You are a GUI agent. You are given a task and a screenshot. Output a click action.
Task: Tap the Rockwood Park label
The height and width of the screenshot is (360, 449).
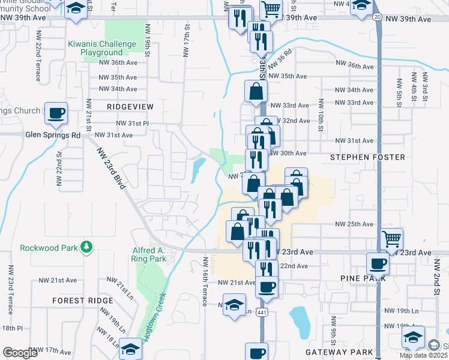[49, 247]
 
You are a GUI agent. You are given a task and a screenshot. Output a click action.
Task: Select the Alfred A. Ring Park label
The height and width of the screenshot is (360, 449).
[148, 255]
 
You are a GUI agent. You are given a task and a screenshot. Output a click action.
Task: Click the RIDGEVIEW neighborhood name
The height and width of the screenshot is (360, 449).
[130, 106]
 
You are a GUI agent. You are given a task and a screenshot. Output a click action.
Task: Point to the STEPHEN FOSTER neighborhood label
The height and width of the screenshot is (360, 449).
[367, 157]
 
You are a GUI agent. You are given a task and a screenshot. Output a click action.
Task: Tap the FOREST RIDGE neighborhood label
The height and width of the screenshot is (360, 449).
[82, 300]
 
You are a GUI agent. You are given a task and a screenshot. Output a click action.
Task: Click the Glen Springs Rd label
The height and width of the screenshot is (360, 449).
[53, 135]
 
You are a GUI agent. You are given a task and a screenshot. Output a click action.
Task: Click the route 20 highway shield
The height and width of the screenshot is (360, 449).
[377, 16]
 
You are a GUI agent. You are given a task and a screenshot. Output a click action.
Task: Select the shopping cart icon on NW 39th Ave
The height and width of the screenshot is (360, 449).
[271, 9]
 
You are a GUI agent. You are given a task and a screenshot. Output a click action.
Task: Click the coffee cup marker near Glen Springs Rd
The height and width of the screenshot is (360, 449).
[56, 113]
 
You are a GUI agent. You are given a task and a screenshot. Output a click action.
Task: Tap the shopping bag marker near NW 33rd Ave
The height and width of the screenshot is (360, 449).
[256, 92]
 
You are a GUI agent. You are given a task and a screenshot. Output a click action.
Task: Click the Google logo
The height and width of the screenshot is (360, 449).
[20, 353]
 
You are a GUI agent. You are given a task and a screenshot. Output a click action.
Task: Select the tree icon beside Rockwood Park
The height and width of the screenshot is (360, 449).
[86, 247]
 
